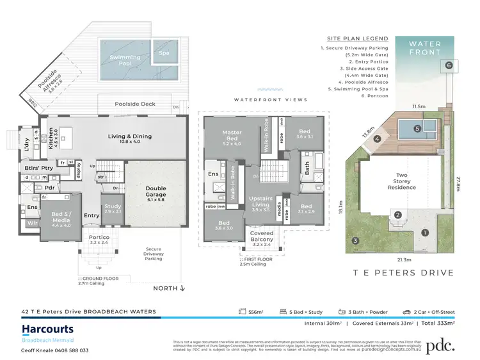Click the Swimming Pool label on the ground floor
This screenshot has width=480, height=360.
click(125, 61)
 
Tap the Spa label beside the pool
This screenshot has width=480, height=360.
click(164, 52)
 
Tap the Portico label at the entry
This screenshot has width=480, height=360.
click(99, 240)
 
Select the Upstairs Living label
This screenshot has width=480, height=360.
click(260, 207)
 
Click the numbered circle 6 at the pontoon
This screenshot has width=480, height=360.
click(449, 65)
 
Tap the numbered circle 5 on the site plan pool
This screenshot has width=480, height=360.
click(417, 128)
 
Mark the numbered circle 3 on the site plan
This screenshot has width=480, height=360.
click(355, 240)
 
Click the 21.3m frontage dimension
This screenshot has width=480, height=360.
click(403, 259)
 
